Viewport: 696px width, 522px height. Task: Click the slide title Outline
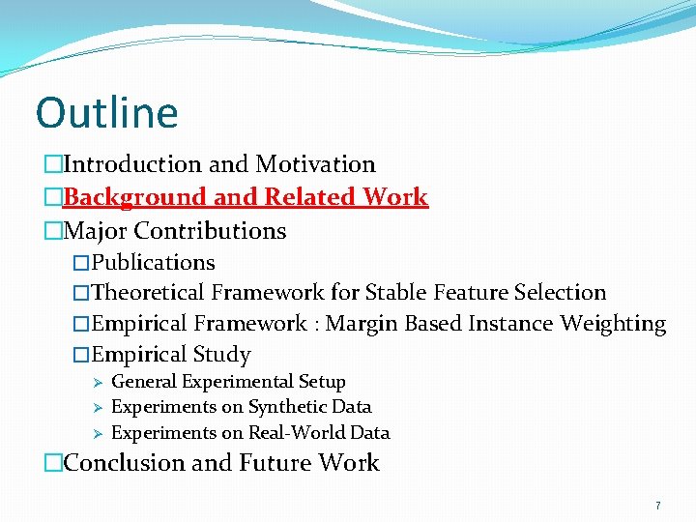(x=106, y=112)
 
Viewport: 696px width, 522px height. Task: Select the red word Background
(x=135, y=197)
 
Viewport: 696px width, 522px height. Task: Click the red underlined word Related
(x=310, y=197)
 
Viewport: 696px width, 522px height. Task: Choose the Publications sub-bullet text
(x=153, y=263)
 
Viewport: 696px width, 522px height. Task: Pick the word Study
(x=222, y=355)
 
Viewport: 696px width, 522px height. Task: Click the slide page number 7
(x=657, y=506)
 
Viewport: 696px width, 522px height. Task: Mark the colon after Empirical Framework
(x=316, y=325)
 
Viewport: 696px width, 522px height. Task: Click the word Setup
(x=320, y=382)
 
